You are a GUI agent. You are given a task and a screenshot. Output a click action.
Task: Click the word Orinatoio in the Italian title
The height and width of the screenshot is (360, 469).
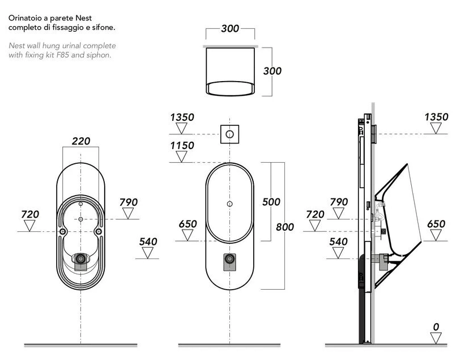pos(25,18)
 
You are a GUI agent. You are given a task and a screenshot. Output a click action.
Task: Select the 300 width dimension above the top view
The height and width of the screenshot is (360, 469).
pos(230,29)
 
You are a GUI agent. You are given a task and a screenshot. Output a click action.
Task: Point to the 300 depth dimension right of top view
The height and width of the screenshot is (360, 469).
pos(272,71)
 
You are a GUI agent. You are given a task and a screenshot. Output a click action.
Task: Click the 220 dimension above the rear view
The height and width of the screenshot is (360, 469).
pos(81,141)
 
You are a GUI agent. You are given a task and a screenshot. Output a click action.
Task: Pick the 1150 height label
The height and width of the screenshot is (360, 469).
pos(182,146)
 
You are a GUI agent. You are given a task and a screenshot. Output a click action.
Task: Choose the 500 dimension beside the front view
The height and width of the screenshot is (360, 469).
pos(271,202)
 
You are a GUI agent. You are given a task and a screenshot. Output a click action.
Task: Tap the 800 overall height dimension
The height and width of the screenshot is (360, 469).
pos(285,227)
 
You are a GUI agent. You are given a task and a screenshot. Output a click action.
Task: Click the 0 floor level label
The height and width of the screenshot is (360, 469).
pos(436,327)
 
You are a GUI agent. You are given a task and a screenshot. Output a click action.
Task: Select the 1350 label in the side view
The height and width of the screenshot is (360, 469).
pos(436,117)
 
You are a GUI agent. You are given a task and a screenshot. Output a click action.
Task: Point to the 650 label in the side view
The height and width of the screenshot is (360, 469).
pos(436,224)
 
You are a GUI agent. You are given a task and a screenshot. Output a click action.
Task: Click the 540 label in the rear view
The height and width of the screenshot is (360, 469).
pos(148,242)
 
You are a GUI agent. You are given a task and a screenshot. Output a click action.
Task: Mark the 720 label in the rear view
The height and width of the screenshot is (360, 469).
pos(30,214)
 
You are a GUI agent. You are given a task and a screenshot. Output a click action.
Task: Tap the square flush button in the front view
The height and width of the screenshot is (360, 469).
pos(230,134)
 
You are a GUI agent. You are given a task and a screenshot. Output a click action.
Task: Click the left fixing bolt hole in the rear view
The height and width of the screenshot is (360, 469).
pos(62,232)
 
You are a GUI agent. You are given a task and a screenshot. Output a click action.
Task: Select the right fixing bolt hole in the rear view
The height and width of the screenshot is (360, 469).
pos(98,232)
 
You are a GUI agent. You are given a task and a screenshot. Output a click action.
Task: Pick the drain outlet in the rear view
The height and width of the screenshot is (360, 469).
pos(80,259)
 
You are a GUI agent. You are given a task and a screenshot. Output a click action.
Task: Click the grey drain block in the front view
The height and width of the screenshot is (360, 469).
pos(230,262)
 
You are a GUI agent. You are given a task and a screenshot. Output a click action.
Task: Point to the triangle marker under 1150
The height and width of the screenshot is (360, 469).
pos(181,156)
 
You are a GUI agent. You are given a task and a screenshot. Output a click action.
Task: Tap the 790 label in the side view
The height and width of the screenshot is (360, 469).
pos(339,202)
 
